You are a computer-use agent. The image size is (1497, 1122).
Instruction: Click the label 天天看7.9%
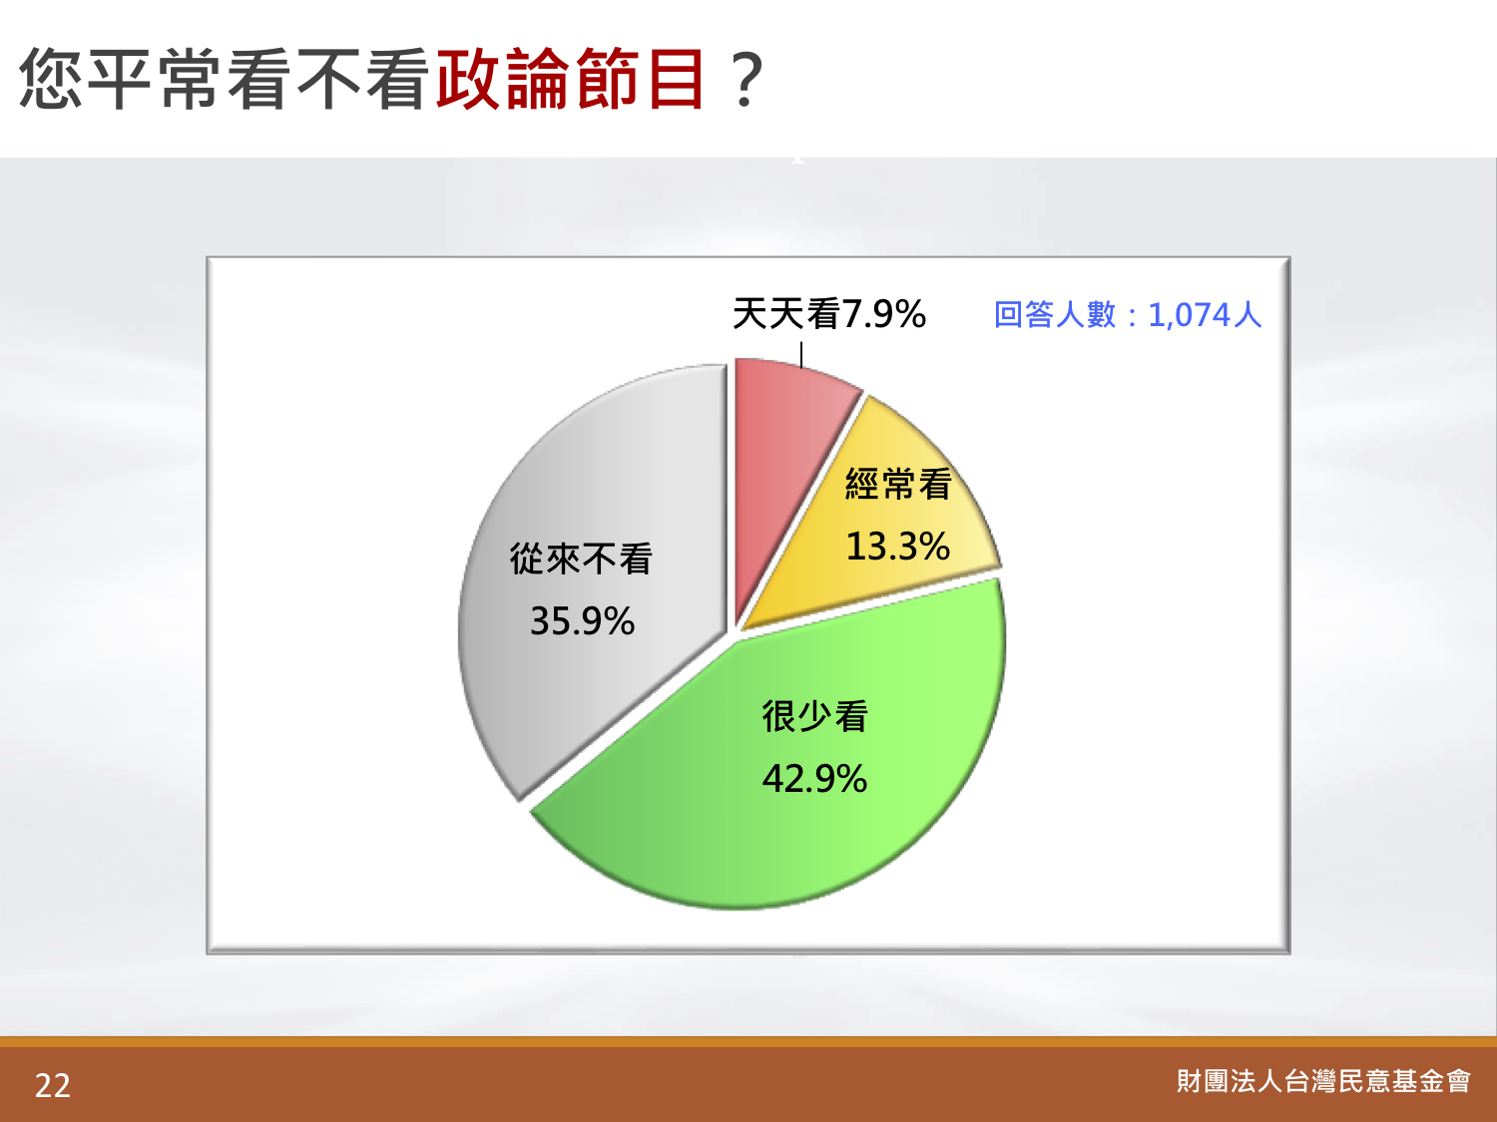(x=828, y=314)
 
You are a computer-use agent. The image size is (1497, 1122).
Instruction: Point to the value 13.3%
(x=897, y=547)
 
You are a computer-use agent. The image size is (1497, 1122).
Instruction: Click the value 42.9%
(x=814, y=779)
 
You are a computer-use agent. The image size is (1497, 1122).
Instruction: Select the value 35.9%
(x=583, y=621)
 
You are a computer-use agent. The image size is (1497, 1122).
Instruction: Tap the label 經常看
(x=898, y=485)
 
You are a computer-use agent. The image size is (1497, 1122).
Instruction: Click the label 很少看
(x=814, y=717)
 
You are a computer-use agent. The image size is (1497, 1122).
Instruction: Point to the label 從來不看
(x=581, y=559)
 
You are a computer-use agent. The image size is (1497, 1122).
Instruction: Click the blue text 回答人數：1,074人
(x=1128, y=315)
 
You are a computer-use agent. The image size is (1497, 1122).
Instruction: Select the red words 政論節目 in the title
(x=570, y=79)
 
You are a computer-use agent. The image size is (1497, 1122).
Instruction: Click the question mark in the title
(x=747, y=81)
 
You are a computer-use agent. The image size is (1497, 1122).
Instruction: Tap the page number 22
(x=53, y=1085)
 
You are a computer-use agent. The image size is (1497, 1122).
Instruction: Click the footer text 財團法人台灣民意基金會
(x=1323, y=1081)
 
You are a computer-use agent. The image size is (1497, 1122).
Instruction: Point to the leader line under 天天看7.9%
(x=801, y=355)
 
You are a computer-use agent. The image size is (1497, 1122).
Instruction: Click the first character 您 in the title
(x=51, y=79)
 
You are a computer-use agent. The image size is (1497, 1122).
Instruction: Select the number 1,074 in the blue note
(x=1190, y=315)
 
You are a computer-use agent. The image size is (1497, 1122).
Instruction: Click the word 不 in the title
(x=328, y=79)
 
